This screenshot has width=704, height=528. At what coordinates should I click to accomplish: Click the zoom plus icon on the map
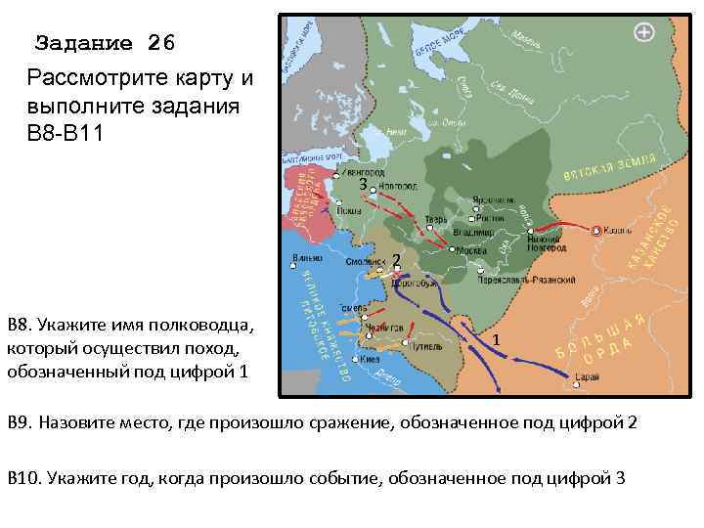click(x=644, y=33)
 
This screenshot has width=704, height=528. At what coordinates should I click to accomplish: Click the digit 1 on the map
click(x=497, y=339)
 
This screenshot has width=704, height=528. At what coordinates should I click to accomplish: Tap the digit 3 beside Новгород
click(x=362, y=183)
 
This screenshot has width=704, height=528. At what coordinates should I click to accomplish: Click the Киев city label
click(x=370, y=359)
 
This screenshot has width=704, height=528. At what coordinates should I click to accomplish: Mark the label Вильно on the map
click(x=306, y=259)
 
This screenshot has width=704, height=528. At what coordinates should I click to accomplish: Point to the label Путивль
click(x=423, y=346)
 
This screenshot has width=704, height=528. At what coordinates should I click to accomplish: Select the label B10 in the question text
click(x=22, y=477)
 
